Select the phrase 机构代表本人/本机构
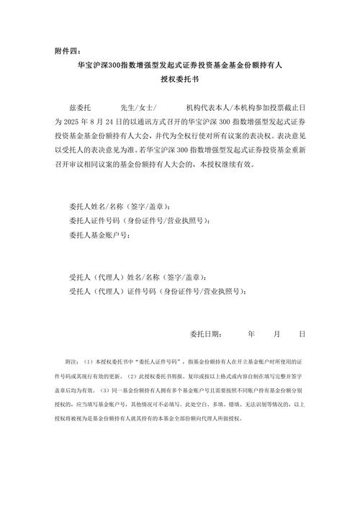point(220,106)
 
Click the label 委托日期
point(207,334)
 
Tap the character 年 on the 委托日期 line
point(251,334)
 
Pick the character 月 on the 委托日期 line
point(276,334)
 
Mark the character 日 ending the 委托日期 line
point(302,334)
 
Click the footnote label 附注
point(72,361)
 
